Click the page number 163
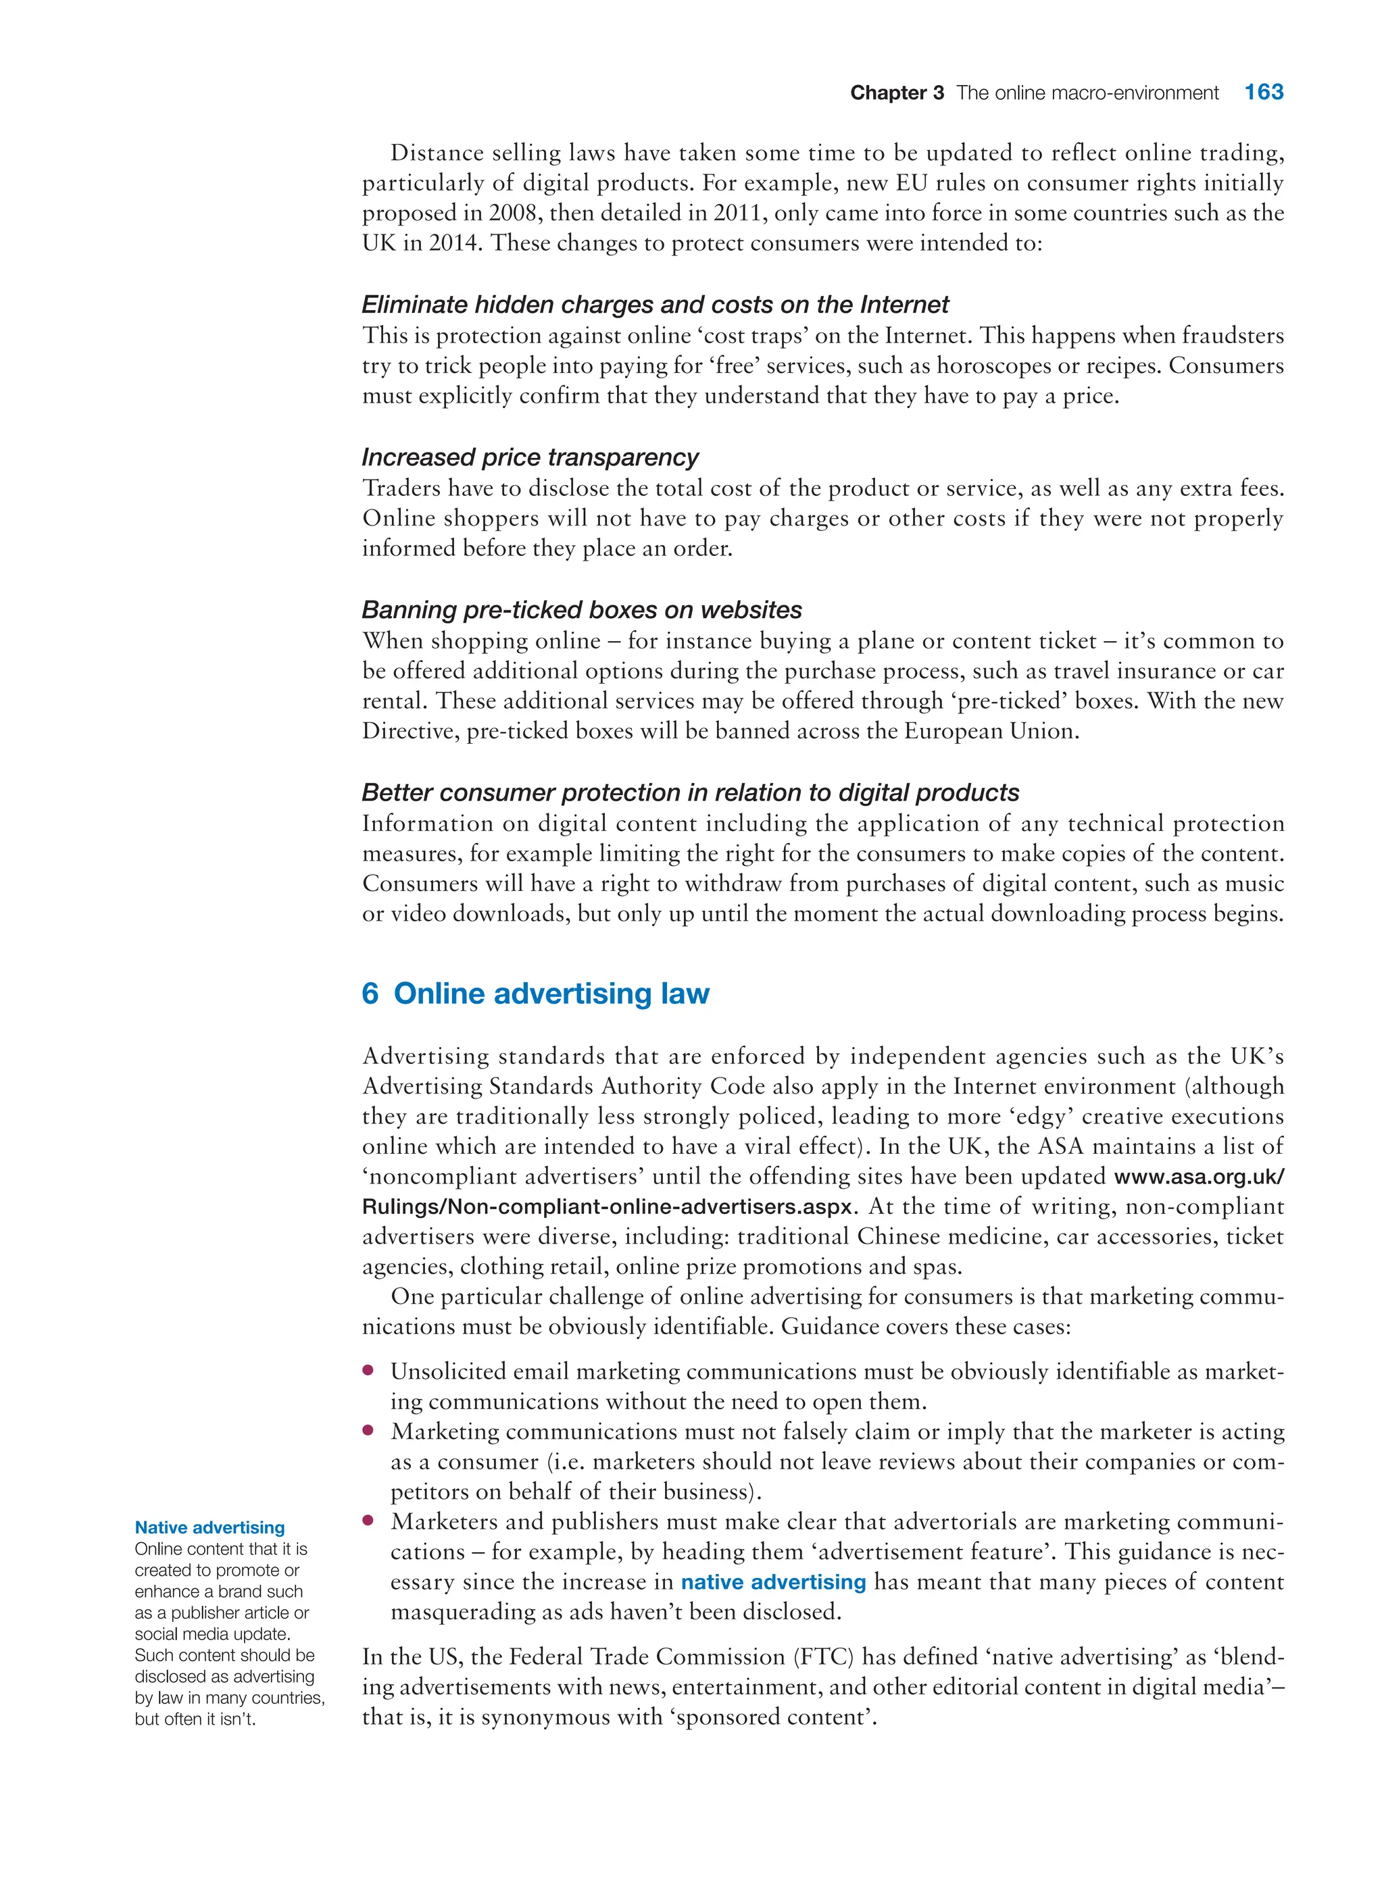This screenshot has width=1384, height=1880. [1263, 92]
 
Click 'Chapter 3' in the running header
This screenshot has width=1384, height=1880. [896, 93]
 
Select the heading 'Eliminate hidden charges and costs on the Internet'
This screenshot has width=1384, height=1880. [655, 304]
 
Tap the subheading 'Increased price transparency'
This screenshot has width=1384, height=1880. [529, 457]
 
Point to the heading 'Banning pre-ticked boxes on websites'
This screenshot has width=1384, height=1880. [581, 609]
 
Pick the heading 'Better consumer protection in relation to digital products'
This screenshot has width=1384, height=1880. [691, 792]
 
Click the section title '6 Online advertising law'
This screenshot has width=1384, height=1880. [535, 993]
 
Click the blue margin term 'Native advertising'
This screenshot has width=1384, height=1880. [209, 1527]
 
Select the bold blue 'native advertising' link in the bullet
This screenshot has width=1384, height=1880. [772, 1582]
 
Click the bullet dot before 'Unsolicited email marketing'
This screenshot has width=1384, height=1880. [368, 1371]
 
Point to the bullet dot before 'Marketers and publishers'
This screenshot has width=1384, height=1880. [368, 1521]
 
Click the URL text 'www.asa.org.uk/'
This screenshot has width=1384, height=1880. [1199, 1177]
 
